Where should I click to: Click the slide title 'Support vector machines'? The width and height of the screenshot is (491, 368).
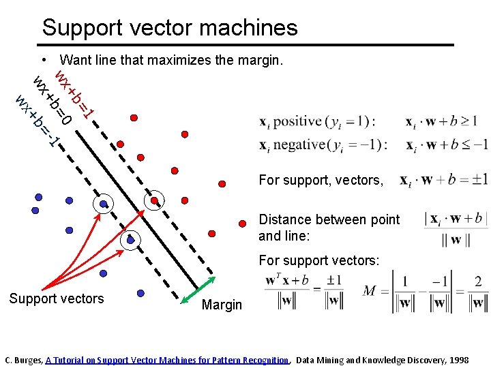point(170,27)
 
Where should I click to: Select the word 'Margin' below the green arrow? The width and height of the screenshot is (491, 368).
point(222,305)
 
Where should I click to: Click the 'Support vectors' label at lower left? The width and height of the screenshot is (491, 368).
point(57,298)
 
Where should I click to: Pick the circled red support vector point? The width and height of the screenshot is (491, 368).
point(155,200)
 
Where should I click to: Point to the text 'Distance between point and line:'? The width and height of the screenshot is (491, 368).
point(329,228)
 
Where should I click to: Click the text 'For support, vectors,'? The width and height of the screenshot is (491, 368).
point(321,180)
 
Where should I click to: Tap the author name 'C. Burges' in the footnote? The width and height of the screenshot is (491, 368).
point(23,360)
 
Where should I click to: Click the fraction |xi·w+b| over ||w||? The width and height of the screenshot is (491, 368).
point(456,228)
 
